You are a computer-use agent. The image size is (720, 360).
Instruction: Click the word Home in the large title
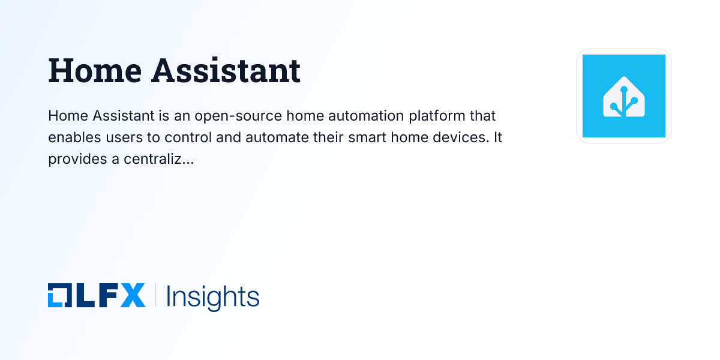[94, 71]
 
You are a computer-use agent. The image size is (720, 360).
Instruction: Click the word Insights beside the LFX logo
[212, 297]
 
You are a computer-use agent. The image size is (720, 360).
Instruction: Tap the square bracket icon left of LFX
[59, 296]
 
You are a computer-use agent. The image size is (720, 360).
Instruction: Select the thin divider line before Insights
[156, 296]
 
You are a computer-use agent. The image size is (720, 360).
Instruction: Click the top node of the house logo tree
[624, 89]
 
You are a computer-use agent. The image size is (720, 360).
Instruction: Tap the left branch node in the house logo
[614, 106]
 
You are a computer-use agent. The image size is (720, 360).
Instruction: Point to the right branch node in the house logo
[634, 100]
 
